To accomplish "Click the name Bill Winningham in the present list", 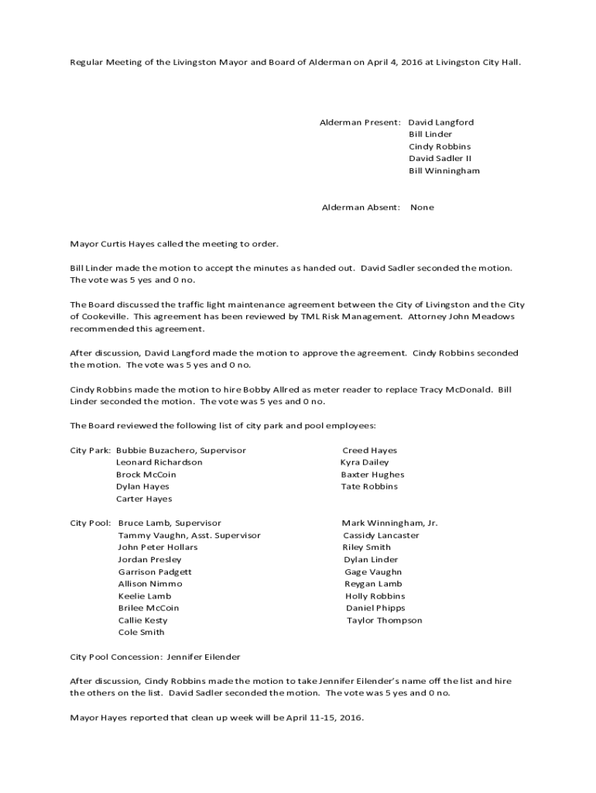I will [x=444, y=170].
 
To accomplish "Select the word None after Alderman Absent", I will [x=422, y=207].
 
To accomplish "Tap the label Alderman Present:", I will [x=361, y=122].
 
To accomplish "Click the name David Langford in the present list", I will [x=441, y=122].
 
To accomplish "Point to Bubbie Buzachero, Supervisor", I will [x=181, y=450].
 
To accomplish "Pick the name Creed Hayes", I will [x=369, y=450].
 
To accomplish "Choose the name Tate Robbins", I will [x=369, y=486].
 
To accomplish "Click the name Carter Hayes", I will [x=144, y=499].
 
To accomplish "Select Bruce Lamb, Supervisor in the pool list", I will [x=170, y=523].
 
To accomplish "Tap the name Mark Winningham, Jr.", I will [x=389, y=523].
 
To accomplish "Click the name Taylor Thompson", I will [x=384, y=620].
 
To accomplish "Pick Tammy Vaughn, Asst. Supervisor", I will [x=189, y=535].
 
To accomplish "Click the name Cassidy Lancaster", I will [x=381, y=535].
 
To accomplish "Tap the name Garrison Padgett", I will [x=155, y=572].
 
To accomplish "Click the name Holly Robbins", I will [x=375, y=596].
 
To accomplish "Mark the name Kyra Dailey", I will [x=365, y=462].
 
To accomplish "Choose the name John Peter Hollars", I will [x=157, y=547].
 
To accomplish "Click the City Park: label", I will [x=90, y=450].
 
